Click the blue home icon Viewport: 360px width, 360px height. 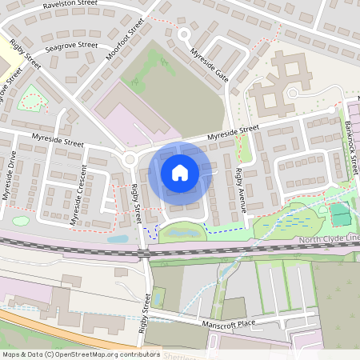coord(180,172)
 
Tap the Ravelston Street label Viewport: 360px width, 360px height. coord(72,9)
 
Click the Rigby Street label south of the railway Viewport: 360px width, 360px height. coord(146,312)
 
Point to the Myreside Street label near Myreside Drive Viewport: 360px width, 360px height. coord(58,142)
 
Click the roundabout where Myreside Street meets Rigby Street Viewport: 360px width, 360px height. coord(130,158)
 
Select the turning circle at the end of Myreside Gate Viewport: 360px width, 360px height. coord(185,34)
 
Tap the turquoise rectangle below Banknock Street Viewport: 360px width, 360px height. coord(341,214)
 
